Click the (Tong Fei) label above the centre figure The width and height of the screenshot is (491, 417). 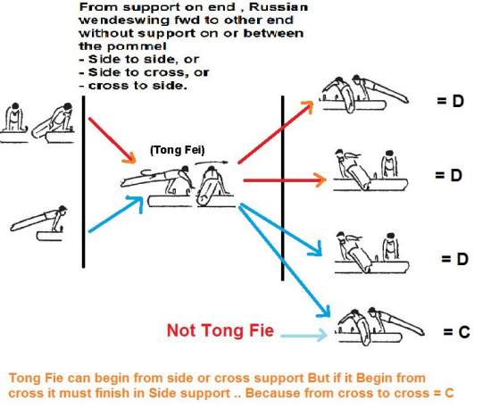178,150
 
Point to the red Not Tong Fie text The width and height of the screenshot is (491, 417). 221,330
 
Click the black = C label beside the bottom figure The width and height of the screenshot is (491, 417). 456,332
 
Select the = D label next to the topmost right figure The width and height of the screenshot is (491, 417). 450,101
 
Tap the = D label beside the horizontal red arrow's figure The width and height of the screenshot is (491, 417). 448,175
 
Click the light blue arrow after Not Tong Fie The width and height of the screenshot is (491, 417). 304,335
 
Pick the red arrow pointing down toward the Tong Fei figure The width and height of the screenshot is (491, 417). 112,140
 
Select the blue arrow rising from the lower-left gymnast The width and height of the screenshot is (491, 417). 116,213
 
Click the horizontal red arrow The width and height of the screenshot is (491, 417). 285,180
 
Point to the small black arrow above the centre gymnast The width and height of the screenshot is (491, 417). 212,163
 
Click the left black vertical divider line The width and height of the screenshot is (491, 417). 83,182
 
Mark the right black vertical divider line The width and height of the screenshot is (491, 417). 283,188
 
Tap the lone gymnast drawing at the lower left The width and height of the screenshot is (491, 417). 38,223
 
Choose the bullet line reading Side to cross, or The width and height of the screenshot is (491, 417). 144,72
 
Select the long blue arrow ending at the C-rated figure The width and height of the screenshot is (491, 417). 284,261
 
